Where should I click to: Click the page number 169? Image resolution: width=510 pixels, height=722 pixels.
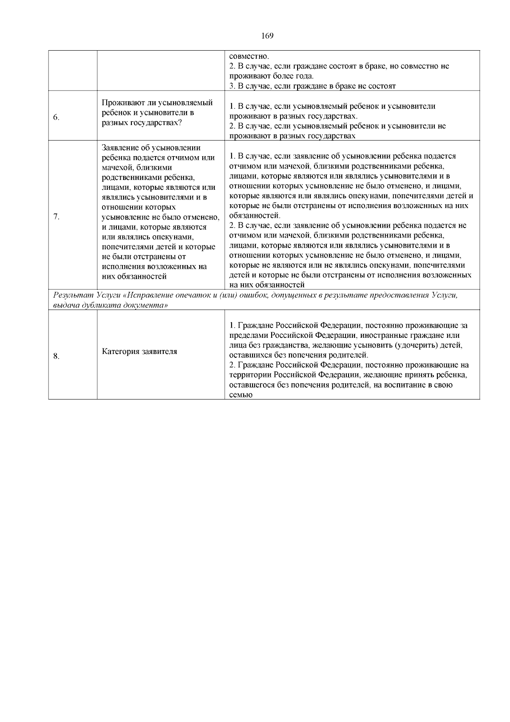point(267,36)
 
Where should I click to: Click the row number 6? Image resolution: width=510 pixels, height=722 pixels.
point(56,118)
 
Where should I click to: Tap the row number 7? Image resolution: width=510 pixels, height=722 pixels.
point(56,216)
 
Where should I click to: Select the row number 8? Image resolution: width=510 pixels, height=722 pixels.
point(56,356)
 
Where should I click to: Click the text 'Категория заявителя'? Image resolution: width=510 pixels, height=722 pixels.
point(140,351)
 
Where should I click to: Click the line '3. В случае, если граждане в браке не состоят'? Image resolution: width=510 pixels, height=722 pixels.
point(312,86)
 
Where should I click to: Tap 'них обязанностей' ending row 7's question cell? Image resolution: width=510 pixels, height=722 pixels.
point(133,277)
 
